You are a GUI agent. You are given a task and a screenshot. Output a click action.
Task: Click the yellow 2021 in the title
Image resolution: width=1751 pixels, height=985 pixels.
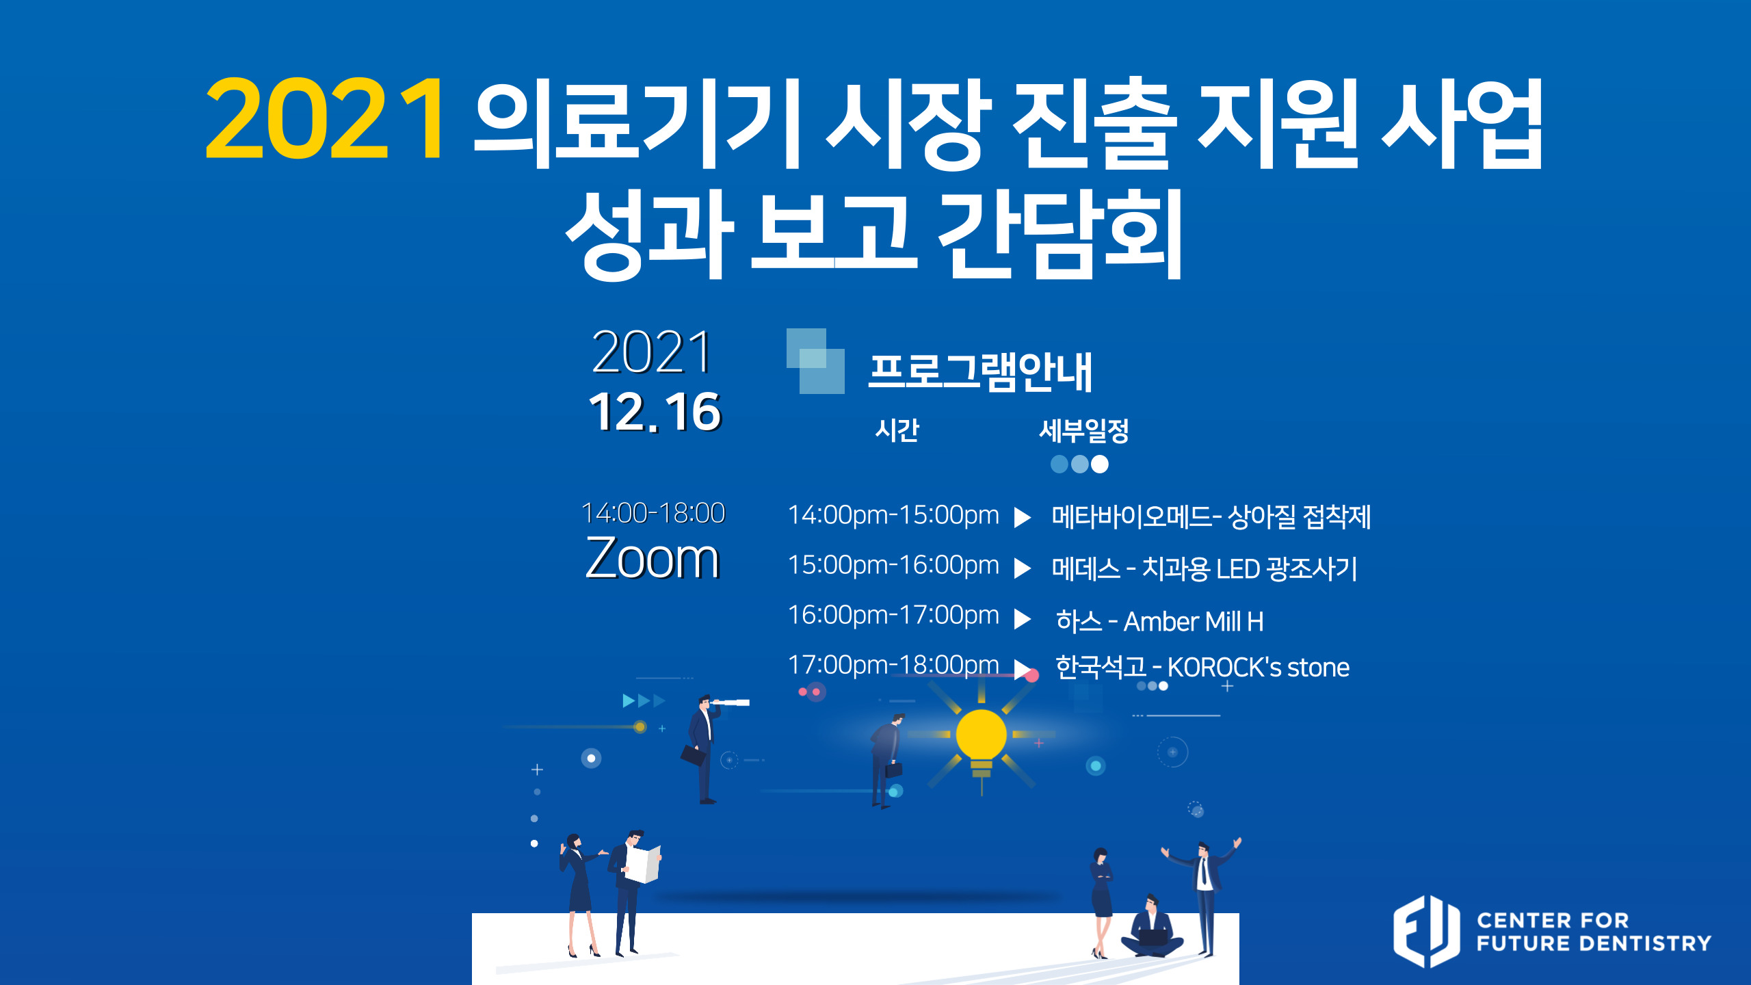click(325, 118)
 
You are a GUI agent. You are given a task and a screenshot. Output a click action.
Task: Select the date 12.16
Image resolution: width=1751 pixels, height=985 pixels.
click(655, 412)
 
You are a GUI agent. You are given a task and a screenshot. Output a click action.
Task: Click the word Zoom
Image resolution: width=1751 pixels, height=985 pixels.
click(653, 557)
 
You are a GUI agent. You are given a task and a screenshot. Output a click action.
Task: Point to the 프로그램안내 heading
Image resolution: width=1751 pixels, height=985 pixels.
click(980, 372)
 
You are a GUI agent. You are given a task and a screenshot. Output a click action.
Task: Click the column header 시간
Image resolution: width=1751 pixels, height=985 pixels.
click(897, 430)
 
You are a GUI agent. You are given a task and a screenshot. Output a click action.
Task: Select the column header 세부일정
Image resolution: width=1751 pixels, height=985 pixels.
click(1083, 431)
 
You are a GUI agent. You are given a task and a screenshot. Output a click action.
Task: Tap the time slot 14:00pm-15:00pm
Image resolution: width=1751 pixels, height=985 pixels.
click(893, 514)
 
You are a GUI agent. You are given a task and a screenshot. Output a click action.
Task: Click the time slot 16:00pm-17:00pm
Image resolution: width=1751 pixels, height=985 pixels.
click(893, 614)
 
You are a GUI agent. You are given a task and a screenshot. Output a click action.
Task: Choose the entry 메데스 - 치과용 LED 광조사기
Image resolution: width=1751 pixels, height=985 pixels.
click(1204, 568)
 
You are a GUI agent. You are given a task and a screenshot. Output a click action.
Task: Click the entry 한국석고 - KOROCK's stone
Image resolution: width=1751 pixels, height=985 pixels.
click(1202, 667)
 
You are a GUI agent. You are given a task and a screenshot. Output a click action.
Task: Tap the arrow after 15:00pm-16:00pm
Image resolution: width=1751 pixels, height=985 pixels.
click(1022, 568)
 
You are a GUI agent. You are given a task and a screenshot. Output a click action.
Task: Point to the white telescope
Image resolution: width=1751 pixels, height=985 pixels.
click(730, 702)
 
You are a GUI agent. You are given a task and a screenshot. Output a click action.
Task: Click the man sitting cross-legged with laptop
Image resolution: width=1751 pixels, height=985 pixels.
click(1152, 927)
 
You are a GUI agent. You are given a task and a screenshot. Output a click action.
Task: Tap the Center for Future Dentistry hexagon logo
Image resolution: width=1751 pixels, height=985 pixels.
click(1427, 931)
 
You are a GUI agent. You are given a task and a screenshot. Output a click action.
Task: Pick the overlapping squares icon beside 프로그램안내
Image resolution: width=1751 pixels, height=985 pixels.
click(815, 360)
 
